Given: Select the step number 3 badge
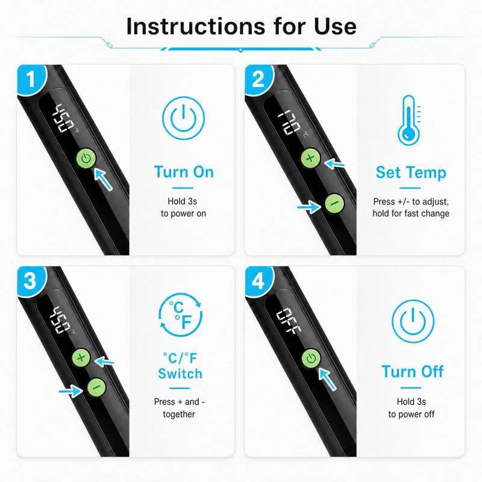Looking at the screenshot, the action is tap(31, 281).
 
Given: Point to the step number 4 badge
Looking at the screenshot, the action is tap(258, 281).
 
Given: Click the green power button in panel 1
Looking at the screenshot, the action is tap(86, 158).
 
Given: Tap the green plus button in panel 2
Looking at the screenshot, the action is tap(310, 158).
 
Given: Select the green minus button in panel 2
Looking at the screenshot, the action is tap(334, 204).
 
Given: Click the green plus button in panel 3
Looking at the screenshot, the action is tap(81, 357).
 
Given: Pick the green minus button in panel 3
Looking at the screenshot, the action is tap(96, 387).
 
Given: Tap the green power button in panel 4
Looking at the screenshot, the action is tap(311, 358).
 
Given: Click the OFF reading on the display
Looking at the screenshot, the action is tap(288, 321).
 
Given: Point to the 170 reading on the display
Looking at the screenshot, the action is tap(289, 122).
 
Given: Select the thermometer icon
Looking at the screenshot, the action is tap(409, 120).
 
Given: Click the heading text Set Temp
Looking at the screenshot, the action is tap(411, 172).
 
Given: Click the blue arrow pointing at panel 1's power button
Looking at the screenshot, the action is tap(103, 179).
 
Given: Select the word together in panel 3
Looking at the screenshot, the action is tap(179, 414).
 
